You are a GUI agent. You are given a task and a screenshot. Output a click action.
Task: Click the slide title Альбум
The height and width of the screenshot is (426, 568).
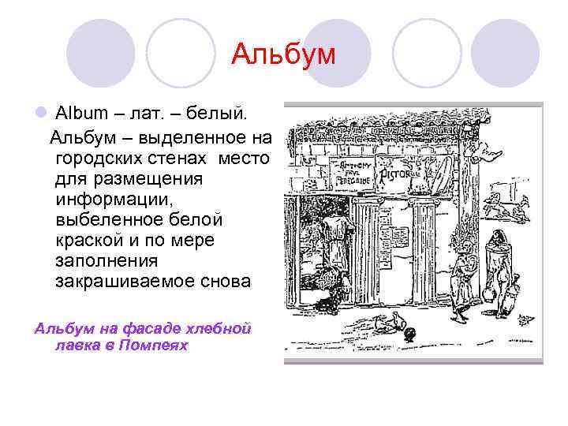click(283, 55)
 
